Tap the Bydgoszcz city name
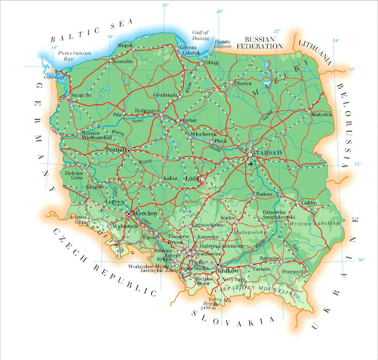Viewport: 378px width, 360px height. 147,110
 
